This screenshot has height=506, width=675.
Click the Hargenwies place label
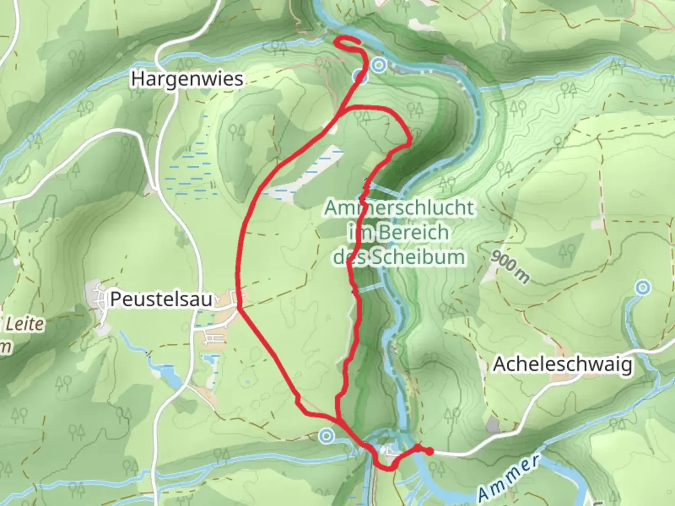[x=187, y=79]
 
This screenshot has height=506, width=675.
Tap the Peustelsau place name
[x=161, y=299]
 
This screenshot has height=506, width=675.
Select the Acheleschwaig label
[x=562, y=364]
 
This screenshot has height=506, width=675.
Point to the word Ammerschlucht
[x=398, y=208]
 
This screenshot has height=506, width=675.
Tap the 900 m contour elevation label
[x=510, y=267]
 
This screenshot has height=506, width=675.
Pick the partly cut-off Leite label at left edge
[x=23, y=324]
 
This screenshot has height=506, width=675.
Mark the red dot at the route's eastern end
[x=429, y=452]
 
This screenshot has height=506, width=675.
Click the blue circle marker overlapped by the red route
[x=360, y=76]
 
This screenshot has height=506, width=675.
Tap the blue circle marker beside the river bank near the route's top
[x=379, y=66]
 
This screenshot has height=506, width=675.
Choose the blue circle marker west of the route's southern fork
[x=326, y=436]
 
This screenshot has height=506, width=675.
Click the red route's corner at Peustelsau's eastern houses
[x=240, y=308]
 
